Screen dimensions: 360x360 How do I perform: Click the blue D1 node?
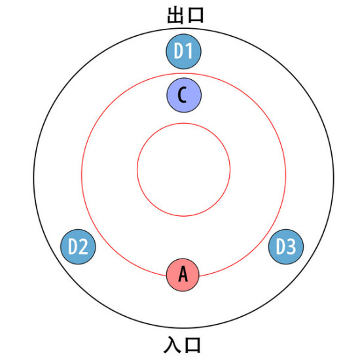click(184, 52)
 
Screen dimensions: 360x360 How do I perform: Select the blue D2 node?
click(78, 247)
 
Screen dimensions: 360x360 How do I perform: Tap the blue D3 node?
click(286, 247)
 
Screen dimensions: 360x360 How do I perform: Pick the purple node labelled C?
click(184, 95)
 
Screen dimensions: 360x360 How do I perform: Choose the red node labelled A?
click(183, 275)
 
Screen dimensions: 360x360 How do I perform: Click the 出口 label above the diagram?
click(185, 16)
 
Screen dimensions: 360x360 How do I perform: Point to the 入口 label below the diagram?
click(182, 344)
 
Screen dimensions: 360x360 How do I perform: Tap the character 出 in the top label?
click(175, 16)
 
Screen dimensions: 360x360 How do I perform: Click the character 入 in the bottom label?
click(172, 344)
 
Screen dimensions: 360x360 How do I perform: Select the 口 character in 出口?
click(195, 16)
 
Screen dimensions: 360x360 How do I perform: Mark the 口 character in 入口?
click(192, 345)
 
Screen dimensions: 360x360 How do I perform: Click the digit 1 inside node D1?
click(189, 51)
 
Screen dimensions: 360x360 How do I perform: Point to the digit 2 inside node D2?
click(84, 246)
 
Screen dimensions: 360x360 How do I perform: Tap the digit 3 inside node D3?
click(291, 246)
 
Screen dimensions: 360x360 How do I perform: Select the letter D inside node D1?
click(179, 51)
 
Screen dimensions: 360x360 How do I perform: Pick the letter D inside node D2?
click(73, 246)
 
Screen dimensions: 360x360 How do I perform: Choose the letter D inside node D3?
click(281, 246)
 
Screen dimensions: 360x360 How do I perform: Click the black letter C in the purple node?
click(182, 95)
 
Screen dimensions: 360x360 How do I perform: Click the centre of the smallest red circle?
click(184, 170)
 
